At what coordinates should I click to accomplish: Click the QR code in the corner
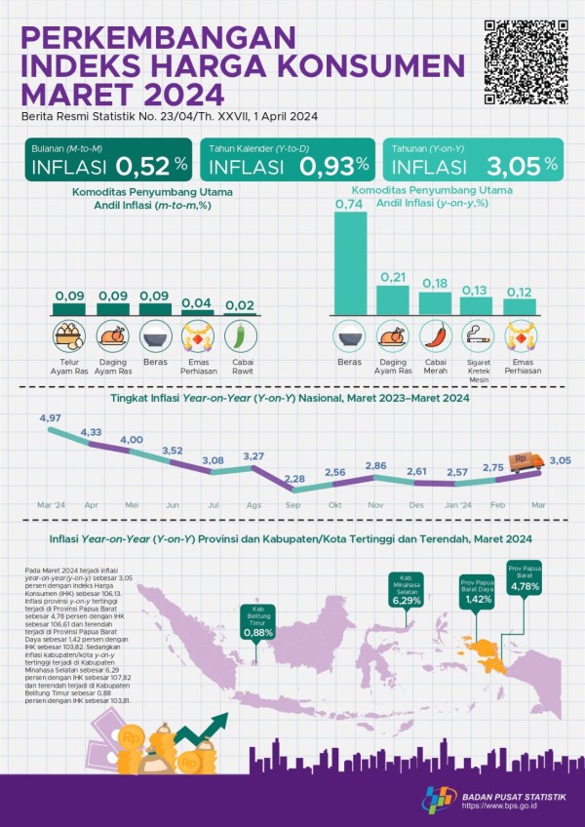point(526,60)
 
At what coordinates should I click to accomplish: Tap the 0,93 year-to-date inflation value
point(333,166)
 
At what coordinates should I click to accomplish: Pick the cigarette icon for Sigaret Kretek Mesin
point(477,336)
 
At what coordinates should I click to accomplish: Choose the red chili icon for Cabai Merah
point(435,336)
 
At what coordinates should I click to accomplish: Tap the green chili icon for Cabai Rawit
point(240,337)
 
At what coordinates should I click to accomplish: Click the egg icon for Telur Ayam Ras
point(68,337)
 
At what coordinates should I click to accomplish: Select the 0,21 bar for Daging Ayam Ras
point(392,297)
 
